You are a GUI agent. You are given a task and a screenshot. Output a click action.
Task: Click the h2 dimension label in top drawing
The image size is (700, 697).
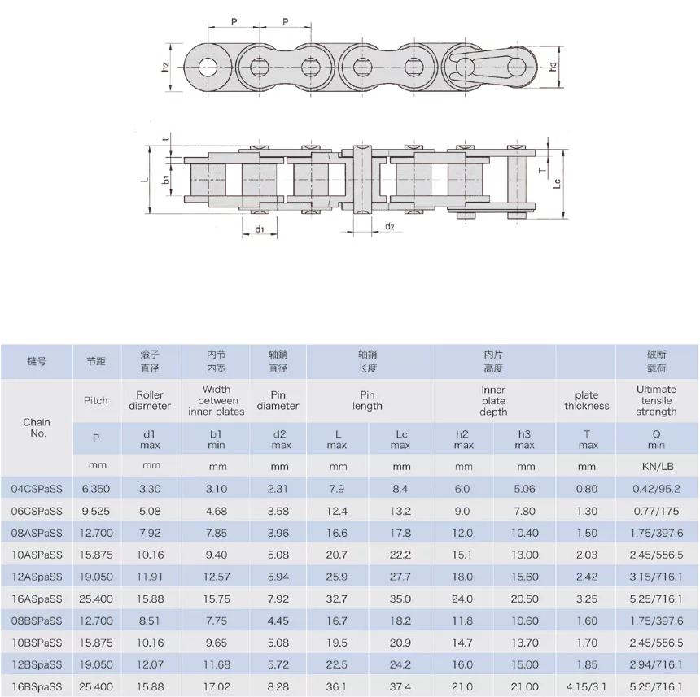coord(165,67)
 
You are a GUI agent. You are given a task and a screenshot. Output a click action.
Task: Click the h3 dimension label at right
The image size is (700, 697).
coord(554,66)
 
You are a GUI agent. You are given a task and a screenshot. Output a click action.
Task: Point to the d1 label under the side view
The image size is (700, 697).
coord(260,229)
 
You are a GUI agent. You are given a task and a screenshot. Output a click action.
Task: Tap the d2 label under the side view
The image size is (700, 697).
coord(389,226)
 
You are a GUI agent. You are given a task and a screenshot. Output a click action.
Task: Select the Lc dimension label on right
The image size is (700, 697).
coord(557,184)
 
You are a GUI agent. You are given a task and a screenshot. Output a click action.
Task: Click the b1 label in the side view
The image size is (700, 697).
coord(165,179)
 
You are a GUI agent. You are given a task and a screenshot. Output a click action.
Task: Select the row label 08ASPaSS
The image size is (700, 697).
coord(37,533)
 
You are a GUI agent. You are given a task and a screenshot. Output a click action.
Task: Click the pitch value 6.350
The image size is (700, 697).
coord(95,488)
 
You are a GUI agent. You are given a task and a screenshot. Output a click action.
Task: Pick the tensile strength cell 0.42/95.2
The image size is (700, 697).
coord(656,488)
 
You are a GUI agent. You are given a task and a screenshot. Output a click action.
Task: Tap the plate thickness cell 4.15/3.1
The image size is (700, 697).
coord(586,687)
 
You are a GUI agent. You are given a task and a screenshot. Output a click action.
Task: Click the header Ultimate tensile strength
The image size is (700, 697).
coord(656,400)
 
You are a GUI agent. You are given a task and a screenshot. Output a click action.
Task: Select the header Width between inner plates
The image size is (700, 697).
coord(217,400)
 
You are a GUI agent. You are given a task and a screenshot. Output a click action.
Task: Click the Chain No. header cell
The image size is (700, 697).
coord(37,427)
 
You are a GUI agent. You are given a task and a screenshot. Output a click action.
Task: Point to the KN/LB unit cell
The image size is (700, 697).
coord(656,466)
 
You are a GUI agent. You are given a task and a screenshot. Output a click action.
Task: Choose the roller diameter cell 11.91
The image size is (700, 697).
coord(151,577)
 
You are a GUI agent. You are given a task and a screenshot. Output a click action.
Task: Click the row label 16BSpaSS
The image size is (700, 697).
coord(37,687)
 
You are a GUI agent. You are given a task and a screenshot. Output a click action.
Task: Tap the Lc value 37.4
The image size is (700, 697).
coord(401,687)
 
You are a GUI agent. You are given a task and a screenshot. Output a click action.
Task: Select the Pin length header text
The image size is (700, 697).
coord(368,400)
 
